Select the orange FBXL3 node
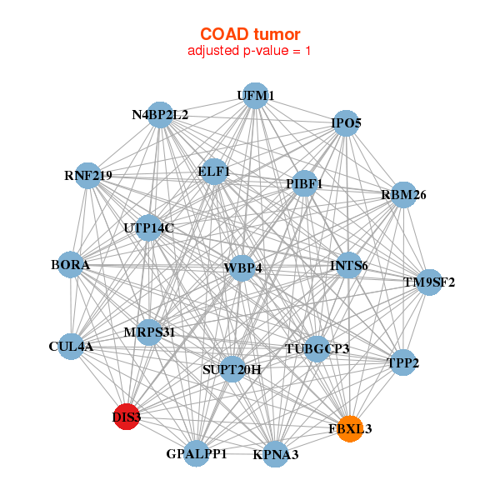[x=350, y=428]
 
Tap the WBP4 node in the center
[x=242, y=268]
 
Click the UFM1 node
[x=255, y=96]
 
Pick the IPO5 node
[x=346, y=124]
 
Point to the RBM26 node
[x=403, y=195]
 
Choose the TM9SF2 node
[x=429, y=282]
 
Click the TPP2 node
[x=402, y=362]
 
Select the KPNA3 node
[x=276, y=454]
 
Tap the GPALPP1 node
[x=197, y=453]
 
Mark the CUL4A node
[x=71, y=346]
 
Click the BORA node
[x=71, y=265]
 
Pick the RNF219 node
[x=87, y=176]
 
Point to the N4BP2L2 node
[x=160, y=115]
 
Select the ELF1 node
[x=214, y=172]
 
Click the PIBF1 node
[x=303, y=183]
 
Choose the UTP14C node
[x=148, y=227]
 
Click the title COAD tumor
[x=250, y=34]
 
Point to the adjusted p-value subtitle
[x=250, y=51]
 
